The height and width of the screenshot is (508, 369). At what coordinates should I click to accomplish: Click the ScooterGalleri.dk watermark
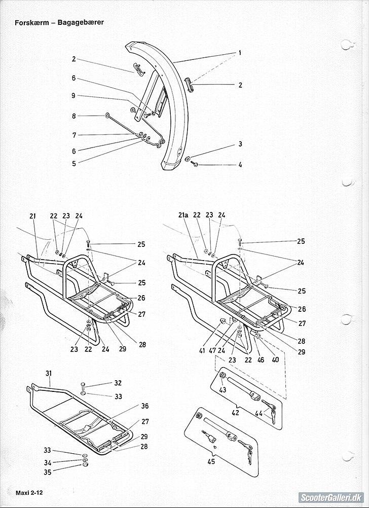[x=330, y=497]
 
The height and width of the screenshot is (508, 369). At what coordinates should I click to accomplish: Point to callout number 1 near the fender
[x=239, y=53]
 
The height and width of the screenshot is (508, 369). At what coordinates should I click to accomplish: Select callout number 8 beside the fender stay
[x=73, y=116]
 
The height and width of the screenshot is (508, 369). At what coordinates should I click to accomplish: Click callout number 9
[x=73, y=95]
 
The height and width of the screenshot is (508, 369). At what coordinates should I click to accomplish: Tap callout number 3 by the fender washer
[x=240, y=144]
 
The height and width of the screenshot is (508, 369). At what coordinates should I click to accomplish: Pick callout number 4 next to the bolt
[x=240, y=165]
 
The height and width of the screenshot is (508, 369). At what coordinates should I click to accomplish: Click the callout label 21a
[x=183, y=215]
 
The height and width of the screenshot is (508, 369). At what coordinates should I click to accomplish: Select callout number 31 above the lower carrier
[x=49, y=374]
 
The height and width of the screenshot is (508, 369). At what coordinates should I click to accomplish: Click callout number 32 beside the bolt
[x=118, y=383]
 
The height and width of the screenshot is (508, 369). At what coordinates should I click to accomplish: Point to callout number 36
[x=145, y=406]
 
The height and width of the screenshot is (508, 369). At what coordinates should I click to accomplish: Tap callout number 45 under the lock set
[x=211, y=461]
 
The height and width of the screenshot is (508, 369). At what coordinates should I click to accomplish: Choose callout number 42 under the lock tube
[x=235, y=413]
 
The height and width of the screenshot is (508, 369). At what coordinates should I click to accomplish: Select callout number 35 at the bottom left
[x=48, y=471]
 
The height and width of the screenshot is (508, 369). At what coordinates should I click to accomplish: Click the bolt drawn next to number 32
[x=83, y=385]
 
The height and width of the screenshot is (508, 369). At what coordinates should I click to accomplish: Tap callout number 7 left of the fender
[x=74, y=135]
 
